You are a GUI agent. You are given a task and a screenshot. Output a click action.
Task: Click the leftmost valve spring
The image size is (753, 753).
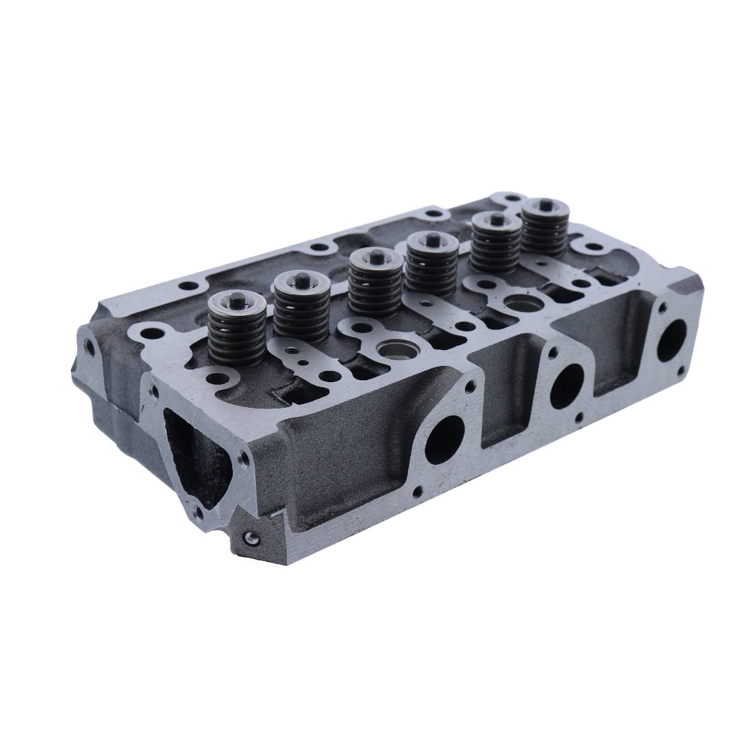228,329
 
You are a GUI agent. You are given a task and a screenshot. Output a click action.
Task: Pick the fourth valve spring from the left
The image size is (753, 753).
427,263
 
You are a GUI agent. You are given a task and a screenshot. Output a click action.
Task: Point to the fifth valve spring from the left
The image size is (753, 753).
490,244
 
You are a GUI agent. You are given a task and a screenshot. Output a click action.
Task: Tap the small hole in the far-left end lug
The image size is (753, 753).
88,343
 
